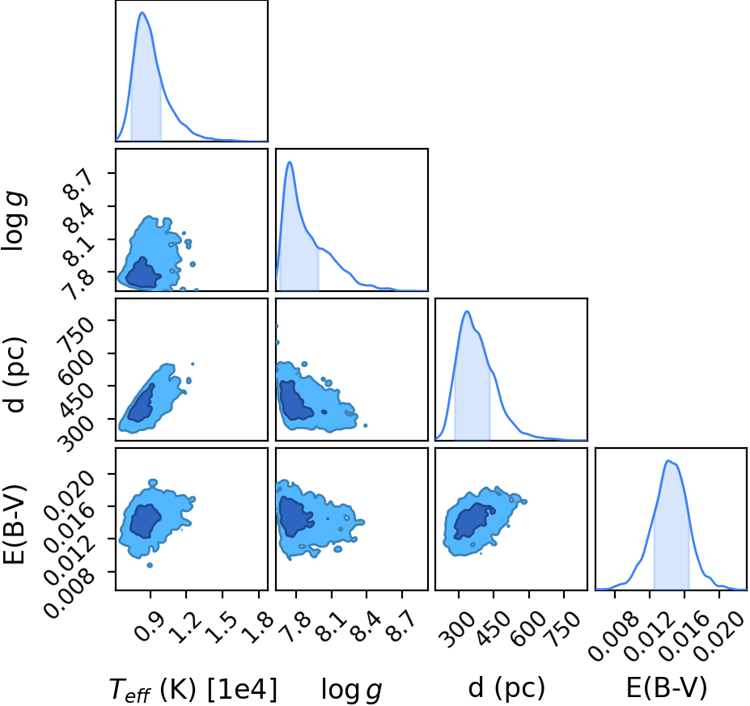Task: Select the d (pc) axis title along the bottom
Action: (x=506, y=688)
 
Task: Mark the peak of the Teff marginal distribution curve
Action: (x=142, y=12)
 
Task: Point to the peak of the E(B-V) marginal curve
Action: (x=668, y=461)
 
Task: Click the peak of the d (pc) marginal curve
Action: (x=467, y=311)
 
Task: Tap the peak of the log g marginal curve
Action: (x=290, y=162)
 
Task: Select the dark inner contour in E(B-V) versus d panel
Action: (x=472, y=521)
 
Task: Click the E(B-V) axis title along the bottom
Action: (x=666, y=688)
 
